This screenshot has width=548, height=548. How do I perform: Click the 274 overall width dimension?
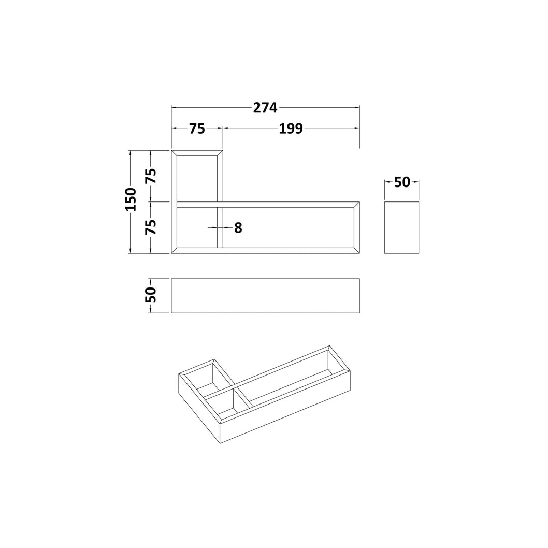pos(265,108)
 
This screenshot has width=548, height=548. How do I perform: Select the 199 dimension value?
pos(291,128)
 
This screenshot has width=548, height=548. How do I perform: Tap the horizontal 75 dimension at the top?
pos(197,128)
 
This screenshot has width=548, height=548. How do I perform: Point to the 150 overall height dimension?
pos(131,199)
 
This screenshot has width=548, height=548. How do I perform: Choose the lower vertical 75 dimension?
pos(151,227)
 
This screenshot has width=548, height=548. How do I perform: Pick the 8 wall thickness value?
pos(238,227)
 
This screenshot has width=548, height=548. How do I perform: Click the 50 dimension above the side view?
pos(402,182)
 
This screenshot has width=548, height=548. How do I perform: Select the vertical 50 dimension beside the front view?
pos(151,295)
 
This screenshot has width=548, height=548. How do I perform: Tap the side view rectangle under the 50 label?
pos(401,227)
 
